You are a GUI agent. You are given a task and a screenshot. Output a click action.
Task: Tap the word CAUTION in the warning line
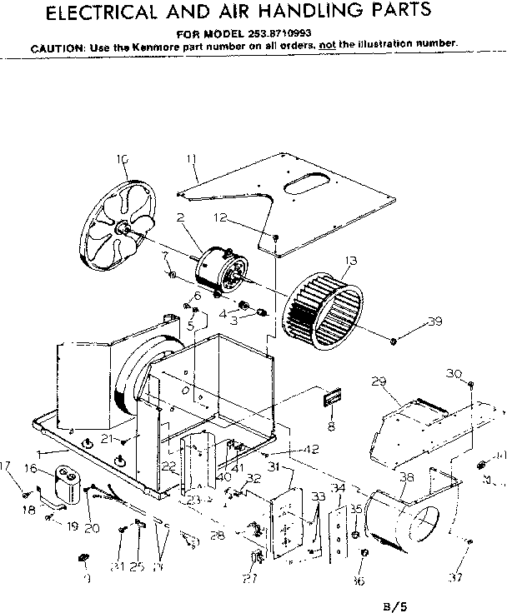pos(54,47)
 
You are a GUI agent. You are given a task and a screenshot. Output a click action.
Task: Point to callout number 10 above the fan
pos(123,159)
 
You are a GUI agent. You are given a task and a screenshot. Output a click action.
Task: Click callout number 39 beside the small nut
pos(432,322)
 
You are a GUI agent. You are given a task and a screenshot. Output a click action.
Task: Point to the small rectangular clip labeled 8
pos(330,398)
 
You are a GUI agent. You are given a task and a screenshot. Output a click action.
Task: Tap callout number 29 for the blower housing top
pos(379,382)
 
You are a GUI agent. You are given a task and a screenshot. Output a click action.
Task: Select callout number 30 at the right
pos(454,372)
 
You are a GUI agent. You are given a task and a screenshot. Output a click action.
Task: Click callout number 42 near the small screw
pos(310,450)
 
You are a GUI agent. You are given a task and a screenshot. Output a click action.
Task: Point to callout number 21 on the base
pos(107,438)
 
